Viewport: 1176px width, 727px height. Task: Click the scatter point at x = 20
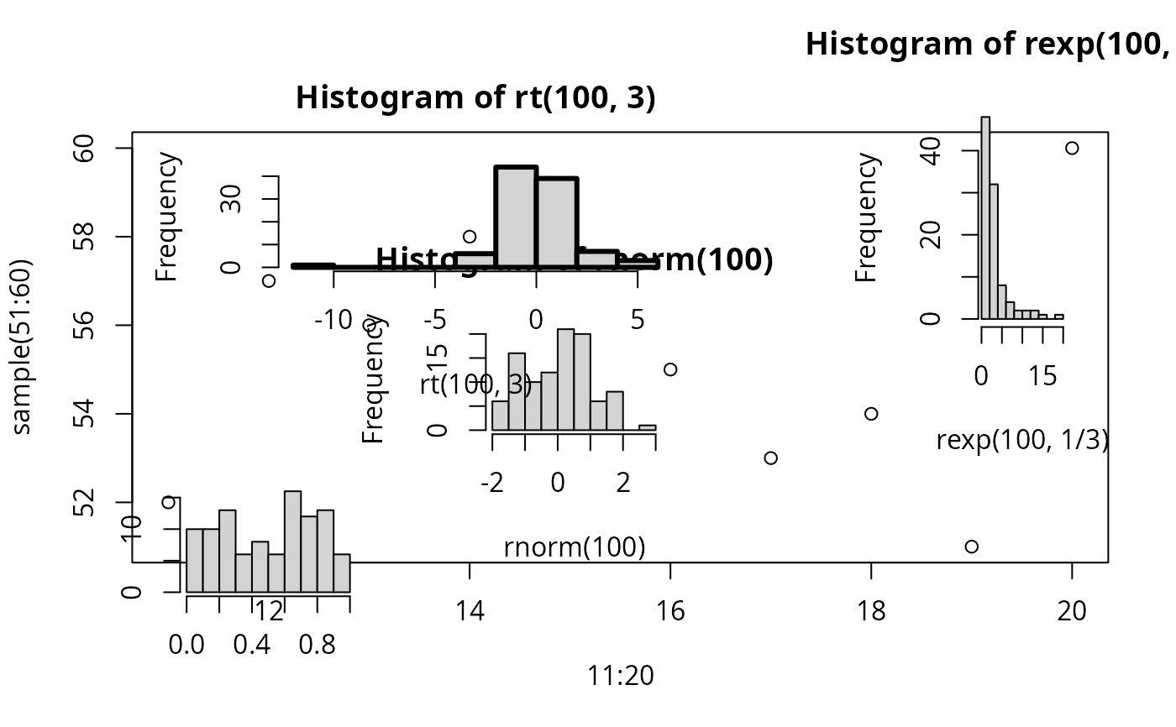pos(1072,149)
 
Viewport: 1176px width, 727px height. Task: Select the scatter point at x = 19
pos(972,547)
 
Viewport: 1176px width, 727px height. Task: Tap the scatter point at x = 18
pos(871,413)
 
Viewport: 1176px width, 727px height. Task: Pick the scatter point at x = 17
pos(771,458)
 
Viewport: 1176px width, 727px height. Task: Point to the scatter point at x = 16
pos(670,369)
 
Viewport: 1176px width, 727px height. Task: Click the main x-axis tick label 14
pos(470,611)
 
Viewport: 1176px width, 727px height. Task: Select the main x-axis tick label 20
pos(1072,611)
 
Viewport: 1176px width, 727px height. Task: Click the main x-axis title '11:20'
pos(621,674)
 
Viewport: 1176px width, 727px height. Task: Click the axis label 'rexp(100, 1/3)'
pos(1022,439)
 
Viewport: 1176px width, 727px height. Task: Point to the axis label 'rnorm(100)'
pos(575,548)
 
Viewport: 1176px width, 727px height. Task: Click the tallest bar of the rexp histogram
pos(985,217)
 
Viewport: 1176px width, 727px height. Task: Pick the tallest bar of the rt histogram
pos(516,216)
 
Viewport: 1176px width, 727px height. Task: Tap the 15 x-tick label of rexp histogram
pos(1043,376)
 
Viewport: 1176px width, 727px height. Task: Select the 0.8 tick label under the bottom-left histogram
pos(317,645)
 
